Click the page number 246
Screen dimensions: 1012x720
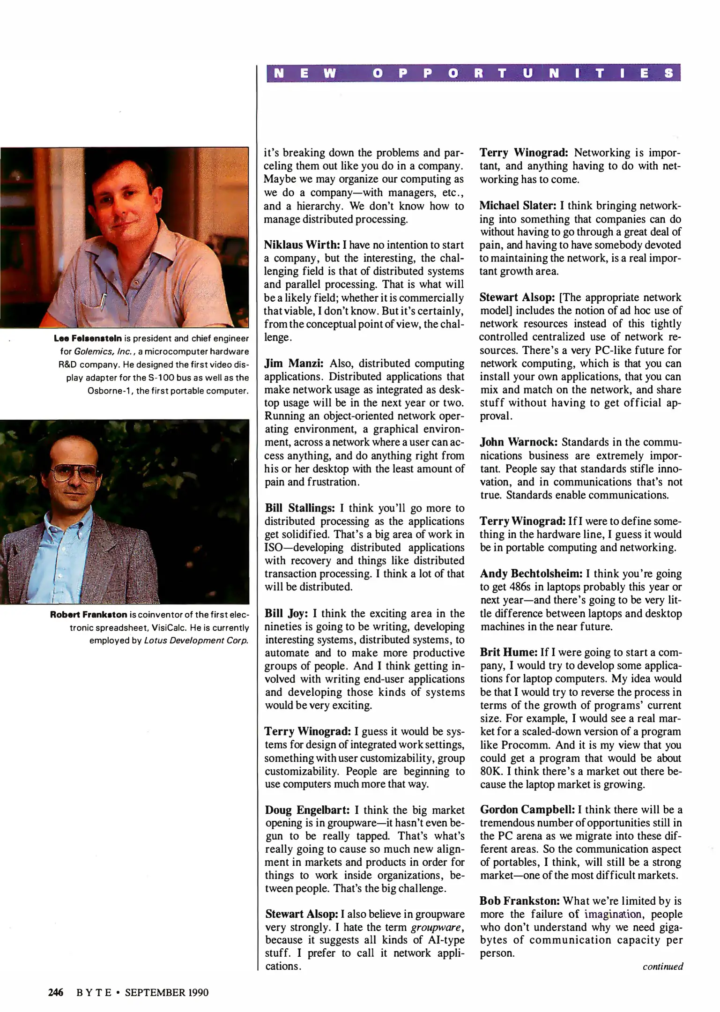pos(56,992)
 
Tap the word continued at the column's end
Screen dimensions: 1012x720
pos(662,966)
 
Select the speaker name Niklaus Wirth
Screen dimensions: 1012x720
pos(302,245)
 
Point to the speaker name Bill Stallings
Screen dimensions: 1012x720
pos(300,508)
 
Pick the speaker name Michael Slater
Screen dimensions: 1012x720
pos(518,205)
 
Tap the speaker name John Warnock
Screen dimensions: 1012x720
pos(519,442)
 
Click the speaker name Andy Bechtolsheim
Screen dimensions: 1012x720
pos(531,573)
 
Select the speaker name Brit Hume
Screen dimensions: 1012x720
pos(508,652)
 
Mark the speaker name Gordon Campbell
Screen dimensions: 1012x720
pos(527,810)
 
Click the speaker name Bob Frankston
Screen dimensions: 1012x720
pos(520,900)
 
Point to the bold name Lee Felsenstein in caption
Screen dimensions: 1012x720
pos(88,338)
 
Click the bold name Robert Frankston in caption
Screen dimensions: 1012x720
pos(89,615)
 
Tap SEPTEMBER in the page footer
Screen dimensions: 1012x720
pos(153,992)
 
